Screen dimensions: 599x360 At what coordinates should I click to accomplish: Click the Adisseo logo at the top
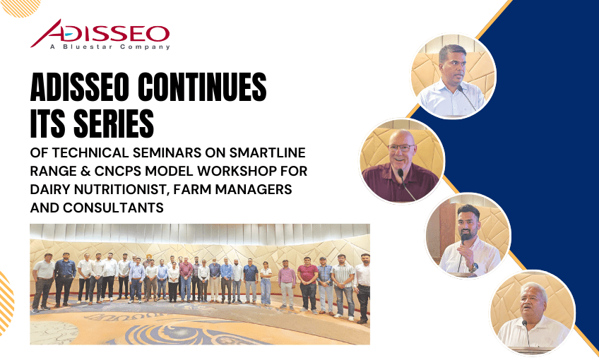coord(100,35)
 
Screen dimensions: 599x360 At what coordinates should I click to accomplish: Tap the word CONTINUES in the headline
coord(202,87)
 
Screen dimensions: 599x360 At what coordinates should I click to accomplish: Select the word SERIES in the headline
coord(114,124)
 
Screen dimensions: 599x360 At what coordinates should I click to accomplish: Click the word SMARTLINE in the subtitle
coord(267,152)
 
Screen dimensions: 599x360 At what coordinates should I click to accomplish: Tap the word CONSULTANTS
coord(113,208)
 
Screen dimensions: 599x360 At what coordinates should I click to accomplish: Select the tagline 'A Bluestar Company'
coord(110,47)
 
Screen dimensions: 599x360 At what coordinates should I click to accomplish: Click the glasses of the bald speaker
coord(401,148)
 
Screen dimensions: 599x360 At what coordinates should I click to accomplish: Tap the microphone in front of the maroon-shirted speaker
coord(406,185)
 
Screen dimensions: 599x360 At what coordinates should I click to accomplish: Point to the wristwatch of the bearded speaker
coord(473,266)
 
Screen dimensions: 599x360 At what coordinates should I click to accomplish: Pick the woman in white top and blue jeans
coord(266,283)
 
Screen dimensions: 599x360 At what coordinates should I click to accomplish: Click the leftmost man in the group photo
coord(43,282)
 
